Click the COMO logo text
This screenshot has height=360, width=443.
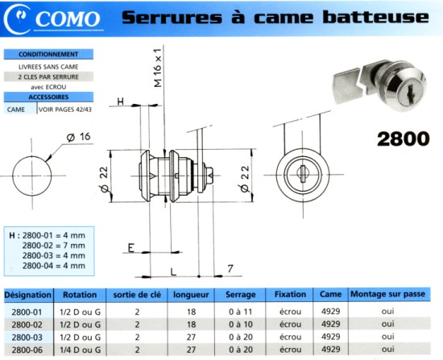[x=68, y=19]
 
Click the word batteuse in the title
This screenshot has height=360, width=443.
[x=376, y=17]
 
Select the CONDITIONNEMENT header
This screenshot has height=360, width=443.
[x=48, y=54]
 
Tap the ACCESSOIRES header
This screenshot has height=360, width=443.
[x=48, y=97]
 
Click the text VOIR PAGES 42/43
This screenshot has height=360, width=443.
[x=65, y=110]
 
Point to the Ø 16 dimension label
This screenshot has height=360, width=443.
[x=79, y=137]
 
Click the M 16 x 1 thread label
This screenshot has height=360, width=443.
[x=157, y=68]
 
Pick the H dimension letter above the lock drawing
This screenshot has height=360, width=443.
[x=121, y=101]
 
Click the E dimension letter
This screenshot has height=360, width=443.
[x=130, y=248]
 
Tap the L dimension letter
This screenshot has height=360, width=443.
[x=173, y=272]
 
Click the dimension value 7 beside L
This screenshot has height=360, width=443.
[x=230, y=268]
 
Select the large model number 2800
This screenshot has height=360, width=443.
[x=404, y=139]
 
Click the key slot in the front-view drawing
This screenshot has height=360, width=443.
[x=302, y=174]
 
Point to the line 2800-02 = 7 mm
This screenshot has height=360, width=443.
[x=54, y=246]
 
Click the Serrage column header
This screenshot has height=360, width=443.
[x=241, y=295]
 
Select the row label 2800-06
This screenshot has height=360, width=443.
[x=27, y=350]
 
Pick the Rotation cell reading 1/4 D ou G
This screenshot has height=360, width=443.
[x=81, y=350]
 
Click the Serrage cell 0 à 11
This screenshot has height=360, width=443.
[x=241, y=312]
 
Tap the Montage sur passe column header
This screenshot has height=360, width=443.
[x=388, y=294]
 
